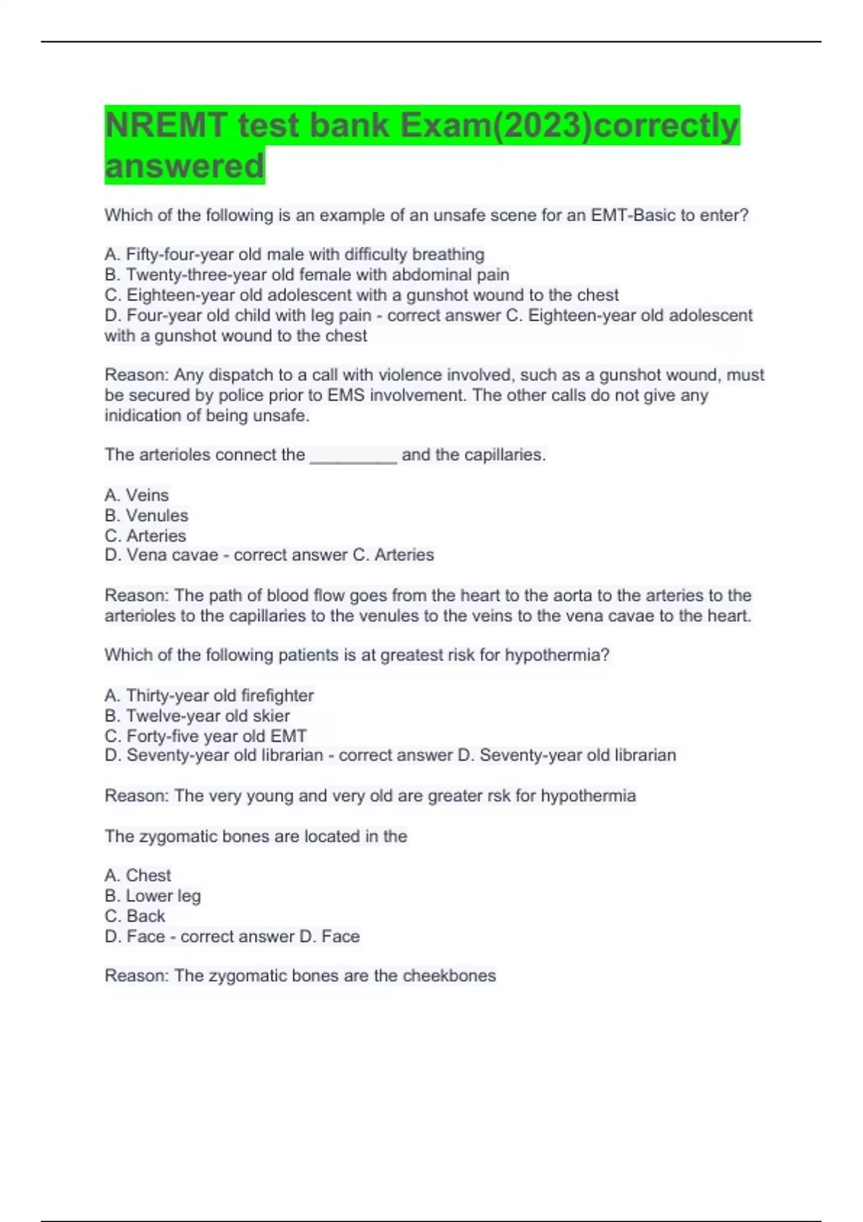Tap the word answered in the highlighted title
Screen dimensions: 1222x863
click(184, 166)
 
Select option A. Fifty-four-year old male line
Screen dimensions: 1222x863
click(294, 254)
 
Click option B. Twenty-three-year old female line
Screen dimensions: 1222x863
click(307, 275)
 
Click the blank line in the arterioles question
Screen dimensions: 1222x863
click(353, 456)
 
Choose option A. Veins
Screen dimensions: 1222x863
click(137, 495)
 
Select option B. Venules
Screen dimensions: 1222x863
click(146, 515)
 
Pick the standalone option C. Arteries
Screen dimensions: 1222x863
click(145, 536)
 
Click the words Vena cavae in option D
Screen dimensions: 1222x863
click(173, 555)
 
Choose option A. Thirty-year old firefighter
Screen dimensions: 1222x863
click(209, 695)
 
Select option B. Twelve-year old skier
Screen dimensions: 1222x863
click(197, 716)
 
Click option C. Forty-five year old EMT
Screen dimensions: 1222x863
click(206, 736)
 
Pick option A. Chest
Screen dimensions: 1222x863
click(138, 876)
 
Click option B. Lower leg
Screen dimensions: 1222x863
click(152, 896)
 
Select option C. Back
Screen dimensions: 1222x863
click(135, 916)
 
